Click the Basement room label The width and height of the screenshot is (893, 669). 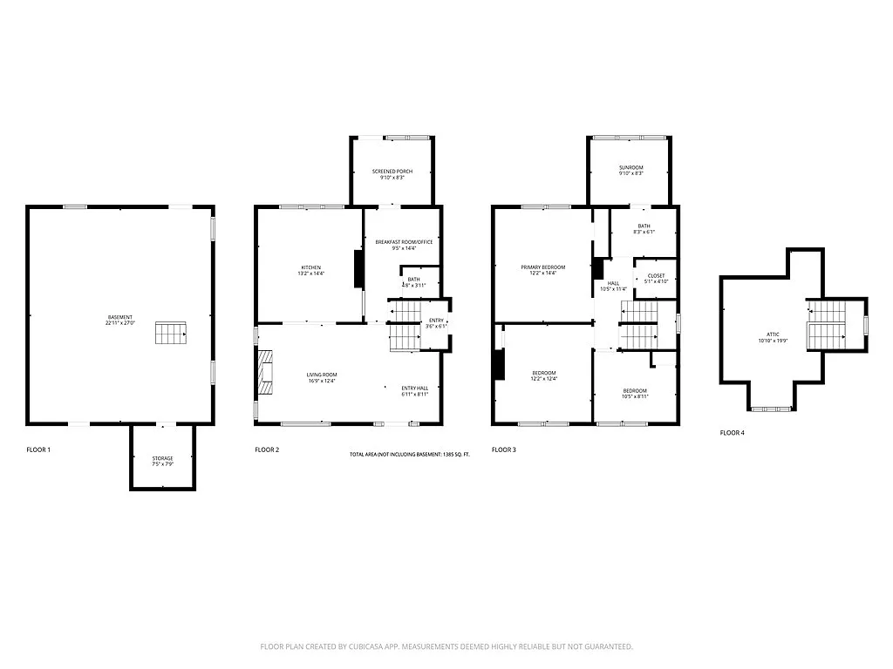click(x=120, y=320)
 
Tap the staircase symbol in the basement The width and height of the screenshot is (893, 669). click(x=171, y=333)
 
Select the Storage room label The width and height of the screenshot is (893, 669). click(x=162, y=461)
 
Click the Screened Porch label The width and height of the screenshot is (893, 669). click(x=392, y=173)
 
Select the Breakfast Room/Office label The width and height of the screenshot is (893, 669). click(x=404, y=244)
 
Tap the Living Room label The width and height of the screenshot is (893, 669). click(x=321, y=377)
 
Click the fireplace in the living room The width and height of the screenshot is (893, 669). click(x=266, y=373)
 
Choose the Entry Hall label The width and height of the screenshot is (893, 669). click(x=414, y=391)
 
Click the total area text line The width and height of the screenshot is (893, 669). click(x=409, y=455)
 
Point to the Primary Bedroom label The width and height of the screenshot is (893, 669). click(x=543, y=269)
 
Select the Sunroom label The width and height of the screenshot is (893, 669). click(x=631, y=170)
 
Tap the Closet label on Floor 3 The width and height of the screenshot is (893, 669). click(x=656, y=278)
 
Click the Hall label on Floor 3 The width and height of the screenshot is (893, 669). click(x=613, y=286)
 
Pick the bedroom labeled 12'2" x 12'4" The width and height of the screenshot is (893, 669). click(x=543, y=375)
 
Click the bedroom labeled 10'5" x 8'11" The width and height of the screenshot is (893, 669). click(x=634, y=393)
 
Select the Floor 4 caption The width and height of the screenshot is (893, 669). click(x=732, y=432)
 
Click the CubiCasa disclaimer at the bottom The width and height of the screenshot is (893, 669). click(x=446, y=646)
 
